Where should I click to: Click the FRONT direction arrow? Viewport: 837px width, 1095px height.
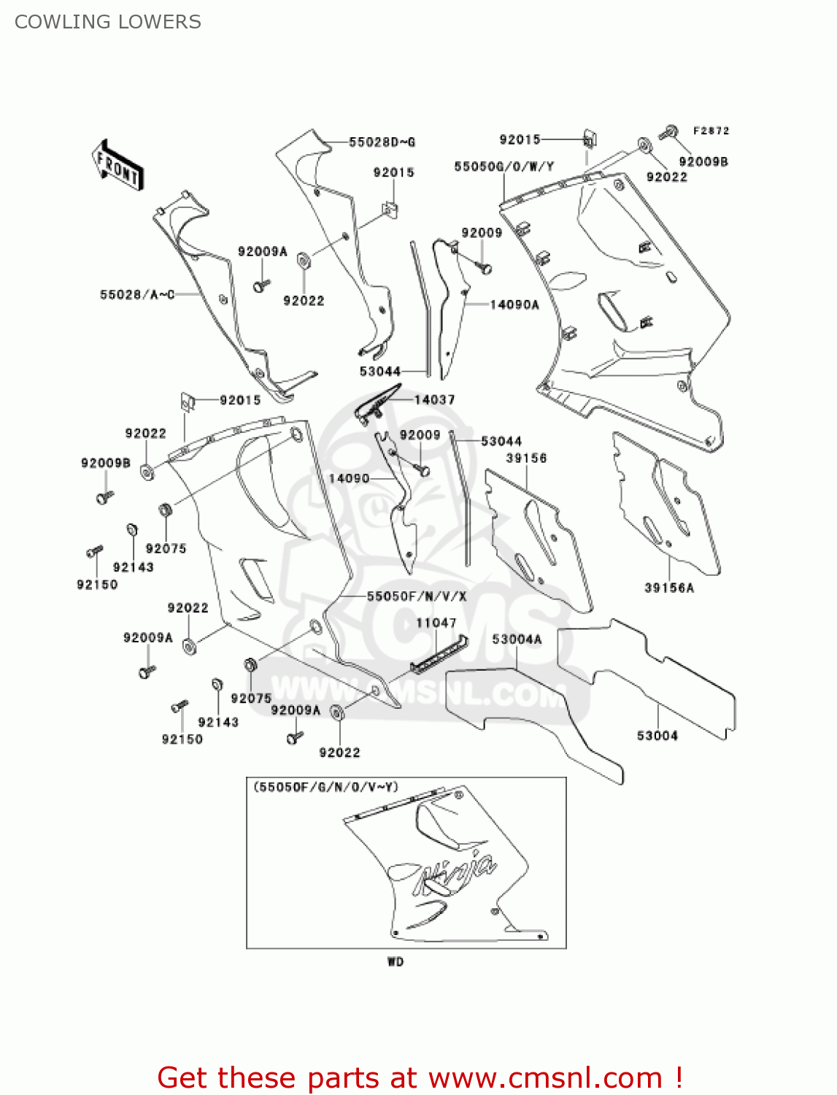point(118,165)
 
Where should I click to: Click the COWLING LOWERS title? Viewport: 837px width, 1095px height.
point(108,22)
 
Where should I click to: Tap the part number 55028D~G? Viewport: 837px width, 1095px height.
point(382,142)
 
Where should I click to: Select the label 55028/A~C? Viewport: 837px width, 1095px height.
point(137,294)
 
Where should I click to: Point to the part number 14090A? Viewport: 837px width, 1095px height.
point(514,304)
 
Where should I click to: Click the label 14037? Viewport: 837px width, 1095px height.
point(435,399)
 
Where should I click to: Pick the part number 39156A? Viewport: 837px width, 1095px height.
point(669,588)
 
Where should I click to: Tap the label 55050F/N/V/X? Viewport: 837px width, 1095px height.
point(417,596)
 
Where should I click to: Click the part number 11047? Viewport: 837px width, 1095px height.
point(436,623)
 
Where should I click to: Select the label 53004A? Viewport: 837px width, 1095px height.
point(517,639)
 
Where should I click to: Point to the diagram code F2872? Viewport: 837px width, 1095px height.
point(711,131)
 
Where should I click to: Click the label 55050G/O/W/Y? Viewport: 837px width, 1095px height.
point(504,166)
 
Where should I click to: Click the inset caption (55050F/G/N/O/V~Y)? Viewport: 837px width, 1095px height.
point(326,787)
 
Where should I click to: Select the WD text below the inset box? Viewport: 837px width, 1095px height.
point(396,961)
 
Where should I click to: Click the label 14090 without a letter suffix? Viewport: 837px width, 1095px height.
point(349,478)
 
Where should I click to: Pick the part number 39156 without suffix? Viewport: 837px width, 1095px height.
point(526,458)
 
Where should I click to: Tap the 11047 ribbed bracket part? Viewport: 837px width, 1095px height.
point(439,653)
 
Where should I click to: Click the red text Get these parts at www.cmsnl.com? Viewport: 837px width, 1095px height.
point(420,1077)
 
